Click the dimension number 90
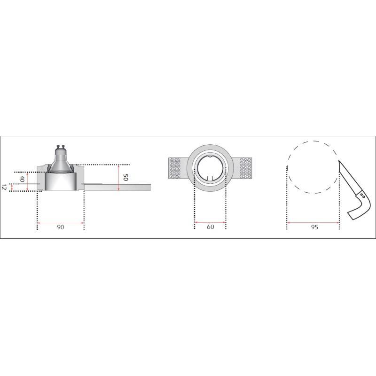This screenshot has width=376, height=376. coord(61,227)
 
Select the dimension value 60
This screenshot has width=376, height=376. coord(210,227)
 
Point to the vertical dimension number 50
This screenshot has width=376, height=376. coord(125,178)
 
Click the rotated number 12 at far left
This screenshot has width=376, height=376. coord(4,187)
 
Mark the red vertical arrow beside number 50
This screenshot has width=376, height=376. coord(119,178)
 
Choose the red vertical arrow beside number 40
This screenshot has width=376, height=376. coord(28,181)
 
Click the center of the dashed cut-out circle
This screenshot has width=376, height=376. coord(312,167)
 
